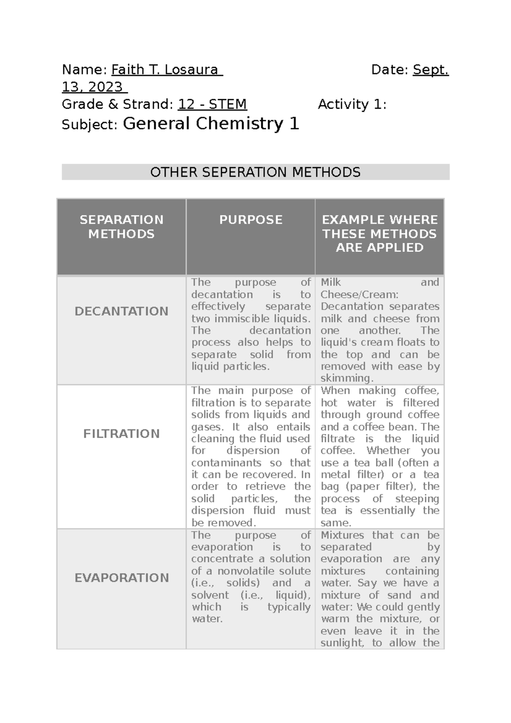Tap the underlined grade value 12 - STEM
click(x=212, y=104)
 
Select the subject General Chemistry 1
click(x=211, y=124)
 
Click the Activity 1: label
click(x=352, y=104)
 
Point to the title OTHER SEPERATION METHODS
click(x=255, y=172)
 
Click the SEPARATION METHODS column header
click(x=121, y=227)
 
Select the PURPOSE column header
click(x=250, y=220)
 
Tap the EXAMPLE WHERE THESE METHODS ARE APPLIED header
click(x=379, y=233)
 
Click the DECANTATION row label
click(x=121, y=311)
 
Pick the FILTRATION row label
click(x=121, y=433)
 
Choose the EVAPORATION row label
click(x=121, y=578)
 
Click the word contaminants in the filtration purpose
click(x=226, y=463)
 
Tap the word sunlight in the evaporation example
click(x=342, y=643)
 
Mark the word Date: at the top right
click(x=390, y=70)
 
